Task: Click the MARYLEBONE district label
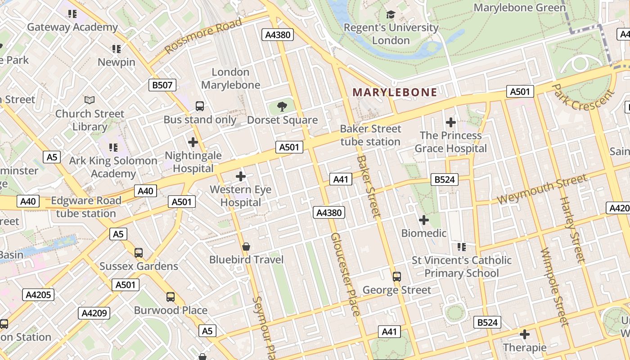coord(394,92)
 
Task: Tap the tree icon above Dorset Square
coord(282,107)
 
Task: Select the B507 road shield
coord(162,85)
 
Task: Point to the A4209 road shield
coord(94,313)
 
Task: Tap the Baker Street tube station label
coord(370,135)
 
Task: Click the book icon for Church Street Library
coord(90,100)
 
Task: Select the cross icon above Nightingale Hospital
coord(193,143)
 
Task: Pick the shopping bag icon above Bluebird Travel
coord(246,247)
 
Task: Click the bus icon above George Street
coord(396,277)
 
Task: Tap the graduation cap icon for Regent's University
coord(391,15)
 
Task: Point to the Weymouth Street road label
coord(542,189)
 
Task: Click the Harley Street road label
coord(572,229)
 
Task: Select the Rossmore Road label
coord(203,36)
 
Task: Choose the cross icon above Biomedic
coord(423,220)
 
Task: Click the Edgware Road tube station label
coord(86,207)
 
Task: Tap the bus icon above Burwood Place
coord(171,297)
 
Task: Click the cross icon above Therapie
coord(524,334)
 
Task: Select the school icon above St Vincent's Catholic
coord(461,247)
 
